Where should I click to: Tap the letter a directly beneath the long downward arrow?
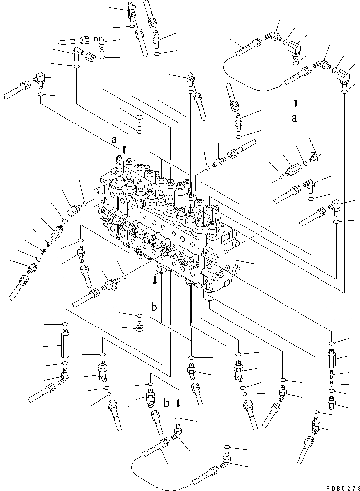[294, 118]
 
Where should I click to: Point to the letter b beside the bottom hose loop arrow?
[167, 404]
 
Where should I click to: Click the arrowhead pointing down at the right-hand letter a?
[295, 103]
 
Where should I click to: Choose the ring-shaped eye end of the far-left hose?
[22, 281]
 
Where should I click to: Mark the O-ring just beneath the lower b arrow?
[178, 419]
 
